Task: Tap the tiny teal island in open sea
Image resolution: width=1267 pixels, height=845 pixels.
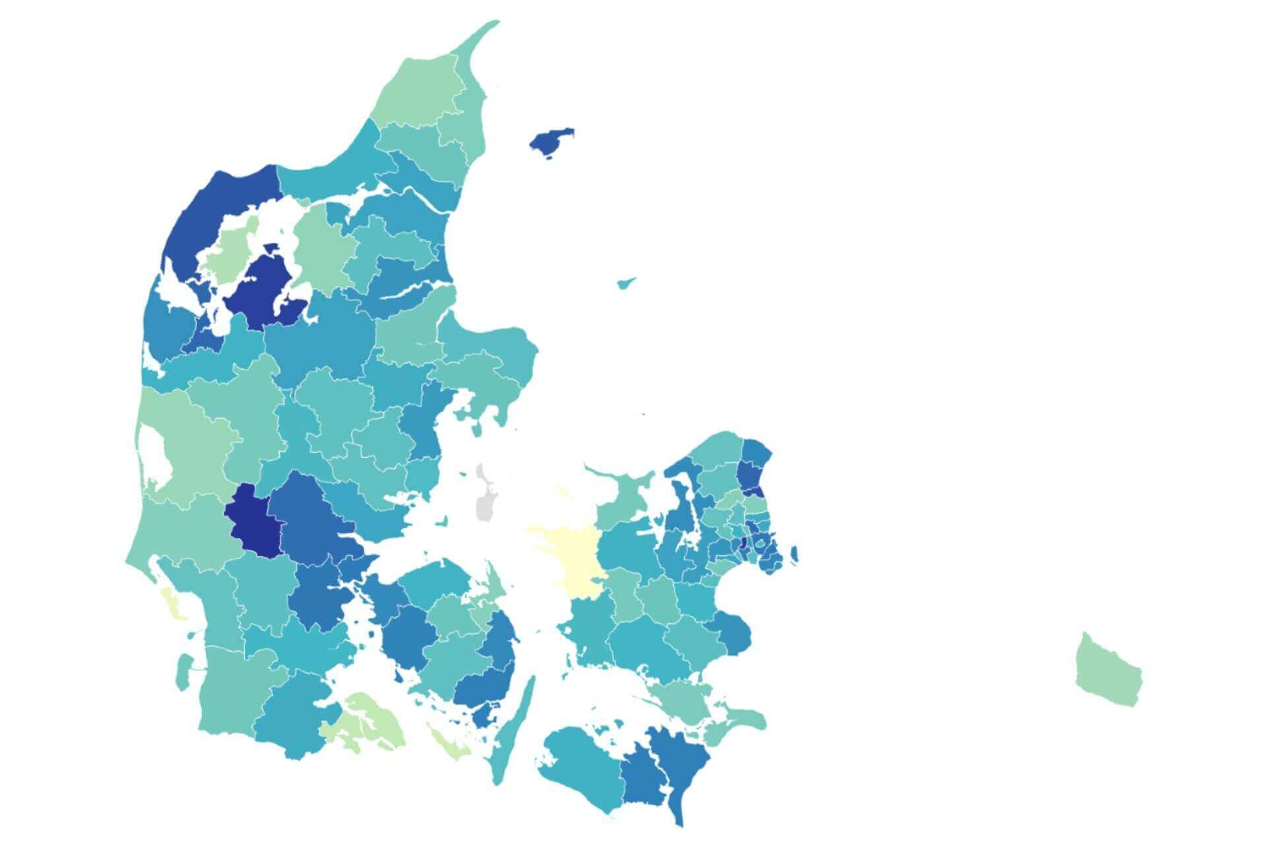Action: [x=625, y=283]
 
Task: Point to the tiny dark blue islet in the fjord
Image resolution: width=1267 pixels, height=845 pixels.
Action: [x=270, y=249]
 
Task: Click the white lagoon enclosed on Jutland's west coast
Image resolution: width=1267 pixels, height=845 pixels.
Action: [x=156, y=455]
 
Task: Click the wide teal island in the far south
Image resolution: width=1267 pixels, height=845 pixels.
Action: [x=581, y=766]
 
